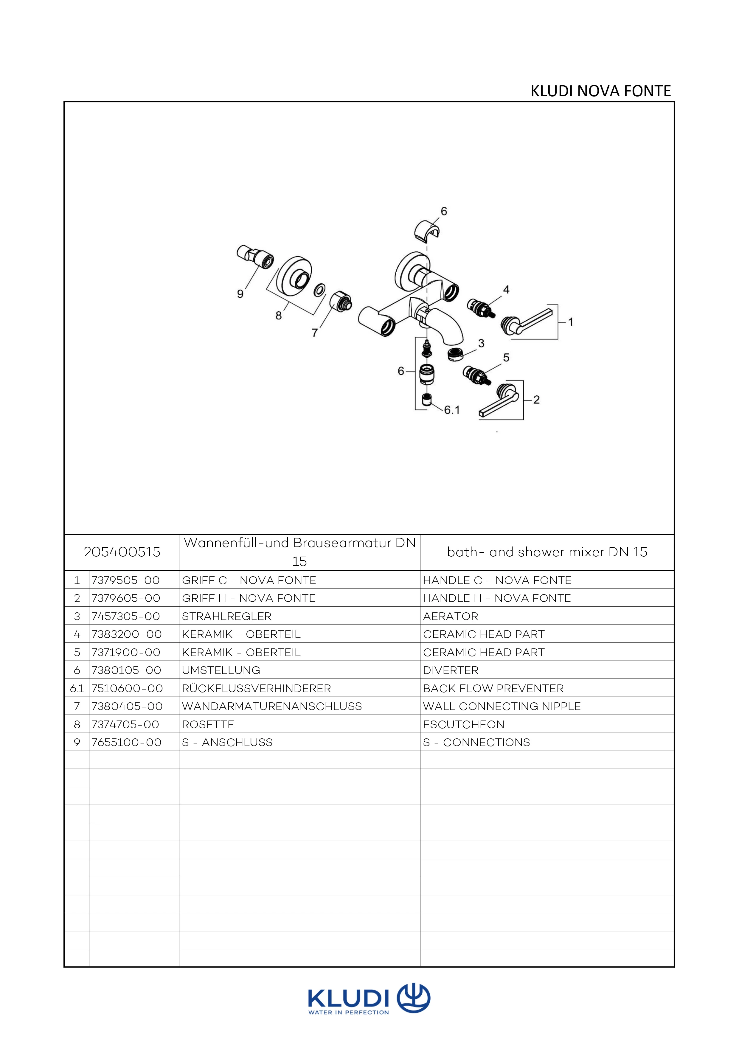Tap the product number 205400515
click(x=122, y=552)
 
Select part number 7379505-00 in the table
click(x=125, y=580)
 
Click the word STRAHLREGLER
click(x=226, y=616)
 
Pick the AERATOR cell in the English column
click(x=451, y=616)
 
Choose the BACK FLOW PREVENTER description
click(x=493, y=688)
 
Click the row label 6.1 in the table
click(x=77, y=688)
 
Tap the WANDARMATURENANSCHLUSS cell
click(x=272, y=706)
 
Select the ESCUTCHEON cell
click(x=464, y=725)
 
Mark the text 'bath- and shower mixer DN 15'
click(x=547, y=552)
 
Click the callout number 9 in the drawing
click(x=240, y=294)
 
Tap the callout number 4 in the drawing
click(x=506, y=289)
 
